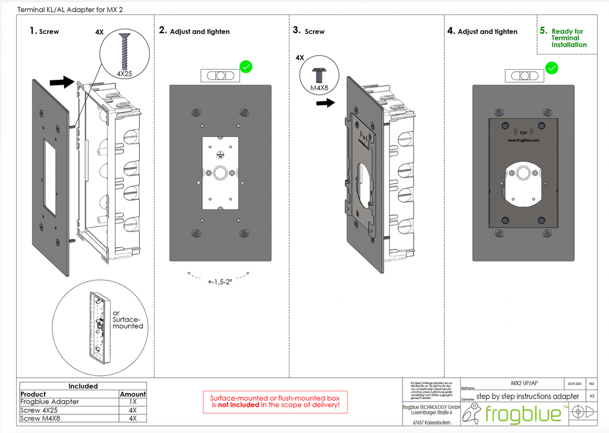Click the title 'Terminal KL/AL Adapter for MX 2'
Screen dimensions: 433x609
66,10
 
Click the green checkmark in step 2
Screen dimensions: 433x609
246,67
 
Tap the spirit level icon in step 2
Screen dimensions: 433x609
219,75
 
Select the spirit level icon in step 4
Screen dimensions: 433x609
524,76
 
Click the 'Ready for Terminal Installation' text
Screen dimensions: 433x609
567,38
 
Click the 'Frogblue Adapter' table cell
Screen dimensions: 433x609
49,402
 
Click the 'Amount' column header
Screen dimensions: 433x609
133,394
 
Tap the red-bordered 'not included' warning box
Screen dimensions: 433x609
275,401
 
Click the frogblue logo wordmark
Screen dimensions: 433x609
523,413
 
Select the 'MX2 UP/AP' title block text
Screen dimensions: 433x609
524,383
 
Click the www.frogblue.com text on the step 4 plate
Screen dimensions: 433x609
523,141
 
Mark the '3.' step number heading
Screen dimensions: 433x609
297,30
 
